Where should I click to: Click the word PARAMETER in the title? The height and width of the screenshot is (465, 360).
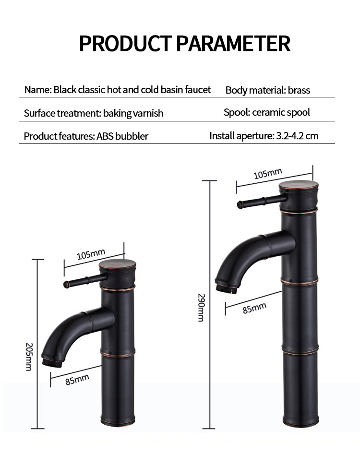tap(233, 43)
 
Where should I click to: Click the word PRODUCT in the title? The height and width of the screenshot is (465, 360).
tap(125, 43)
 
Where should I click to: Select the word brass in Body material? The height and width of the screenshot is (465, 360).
tap(299, 90)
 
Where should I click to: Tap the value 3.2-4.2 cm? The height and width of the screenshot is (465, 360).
tap(297, 136)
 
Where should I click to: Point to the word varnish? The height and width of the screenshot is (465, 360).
tap(148, 113)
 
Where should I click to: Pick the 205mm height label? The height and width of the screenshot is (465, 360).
tap(29, 357)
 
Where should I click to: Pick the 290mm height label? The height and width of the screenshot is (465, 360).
tap(201, 308)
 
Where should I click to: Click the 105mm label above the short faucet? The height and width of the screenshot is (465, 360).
tap(91, 254)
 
